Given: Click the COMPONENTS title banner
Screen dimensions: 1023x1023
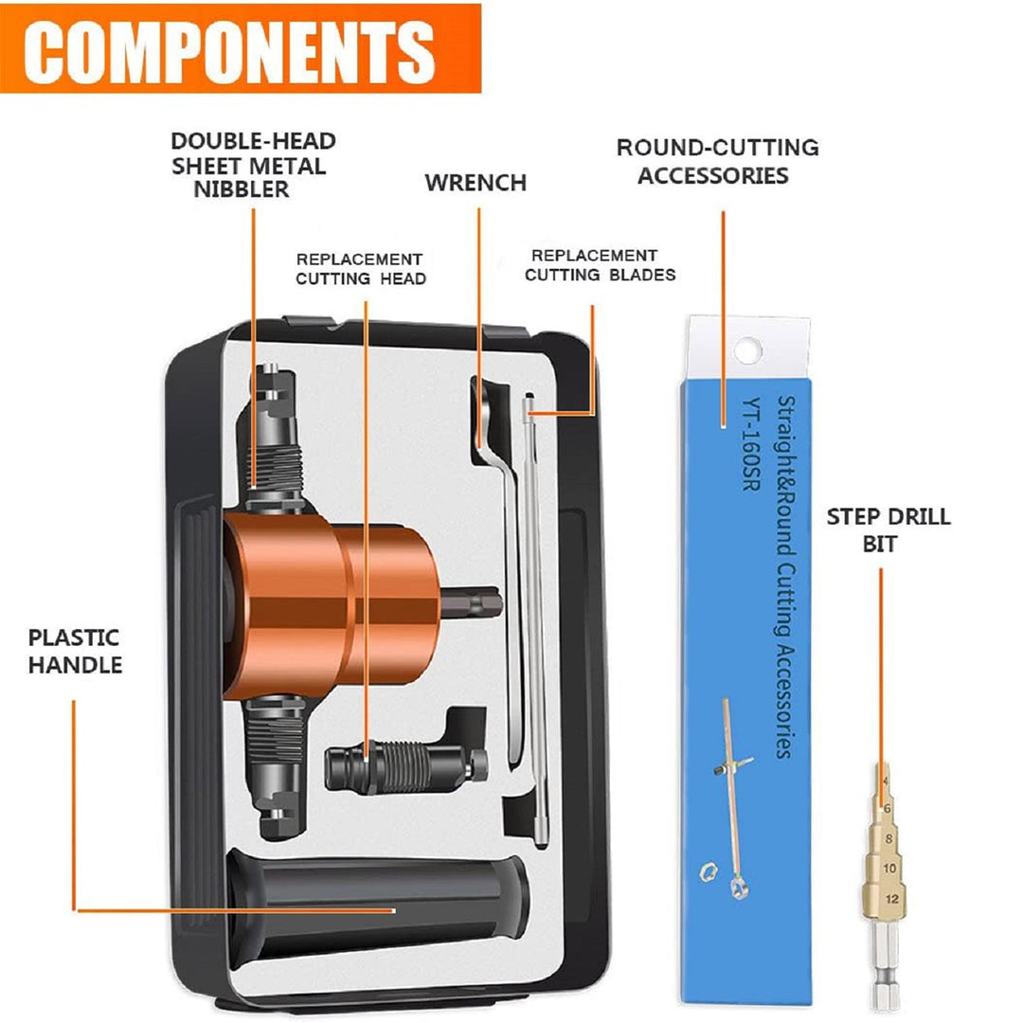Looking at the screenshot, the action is [x=240, y=49].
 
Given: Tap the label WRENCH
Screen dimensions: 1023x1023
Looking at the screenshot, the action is [x=476, y=183].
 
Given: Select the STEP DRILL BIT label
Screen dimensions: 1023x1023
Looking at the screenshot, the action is [x=888, y=529].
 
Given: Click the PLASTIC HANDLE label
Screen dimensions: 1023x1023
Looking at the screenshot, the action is [x=75, y=651].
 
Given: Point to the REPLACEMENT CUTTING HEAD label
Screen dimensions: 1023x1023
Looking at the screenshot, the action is [x=360, y=269].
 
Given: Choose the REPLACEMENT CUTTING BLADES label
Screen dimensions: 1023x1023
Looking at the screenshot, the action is [x=600, y=265].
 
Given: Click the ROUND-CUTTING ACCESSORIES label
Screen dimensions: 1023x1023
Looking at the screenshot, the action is [x=717, y=161].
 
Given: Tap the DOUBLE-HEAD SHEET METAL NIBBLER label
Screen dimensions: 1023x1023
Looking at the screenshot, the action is [x=253, y=165].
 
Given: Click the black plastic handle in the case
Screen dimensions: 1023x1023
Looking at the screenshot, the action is [x=376, y=904].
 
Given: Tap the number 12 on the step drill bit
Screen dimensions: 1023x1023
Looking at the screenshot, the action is [x=892, y=899].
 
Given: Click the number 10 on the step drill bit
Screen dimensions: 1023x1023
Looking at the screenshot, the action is [x=889, y=869].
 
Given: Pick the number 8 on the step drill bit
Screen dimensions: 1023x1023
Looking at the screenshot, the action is [x=888, y=839].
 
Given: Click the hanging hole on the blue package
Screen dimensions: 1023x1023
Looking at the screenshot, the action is [x=747, y=351].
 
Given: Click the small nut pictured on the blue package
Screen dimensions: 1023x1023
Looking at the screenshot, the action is [x=708, y=871].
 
